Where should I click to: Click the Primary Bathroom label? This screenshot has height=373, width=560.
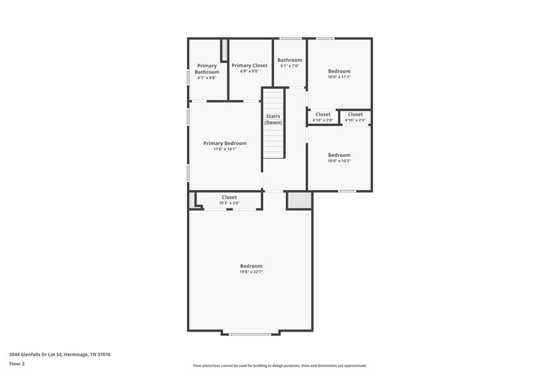(x=206, y=69)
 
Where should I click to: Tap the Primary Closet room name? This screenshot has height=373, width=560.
(x=249, y=65)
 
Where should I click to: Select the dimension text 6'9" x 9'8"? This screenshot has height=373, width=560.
(x=249, y=71)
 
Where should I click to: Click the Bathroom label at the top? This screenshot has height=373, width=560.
(x=290, y=60)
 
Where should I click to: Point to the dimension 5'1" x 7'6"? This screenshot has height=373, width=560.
(x=290, y=66)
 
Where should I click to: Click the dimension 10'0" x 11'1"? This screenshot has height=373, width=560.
(x=339, y=77)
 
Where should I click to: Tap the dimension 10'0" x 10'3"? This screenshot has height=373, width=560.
(x=339, y=161)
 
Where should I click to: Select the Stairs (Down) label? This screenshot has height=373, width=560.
(x=273, y=119)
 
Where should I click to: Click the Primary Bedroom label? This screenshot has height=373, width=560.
(x=225, y=143)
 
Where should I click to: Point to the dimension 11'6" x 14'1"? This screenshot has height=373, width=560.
(x=225, y=149)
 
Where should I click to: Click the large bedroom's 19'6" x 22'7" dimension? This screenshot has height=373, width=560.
(x=251, y=272)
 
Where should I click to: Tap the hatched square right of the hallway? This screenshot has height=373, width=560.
(x=297, y=200)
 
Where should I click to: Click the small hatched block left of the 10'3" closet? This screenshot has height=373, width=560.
(x=190, y=200)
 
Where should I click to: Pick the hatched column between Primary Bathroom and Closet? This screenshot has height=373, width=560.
(x=225, y=51)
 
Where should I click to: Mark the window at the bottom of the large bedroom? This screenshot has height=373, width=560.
(x=250, y=334)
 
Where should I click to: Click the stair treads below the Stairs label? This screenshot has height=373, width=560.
(x=273, y=143)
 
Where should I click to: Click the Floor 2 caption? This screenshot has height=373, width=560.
(x=17, y=364)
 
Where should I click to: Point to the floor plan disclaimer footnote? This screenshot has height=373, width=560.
(x=279, y=365)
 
